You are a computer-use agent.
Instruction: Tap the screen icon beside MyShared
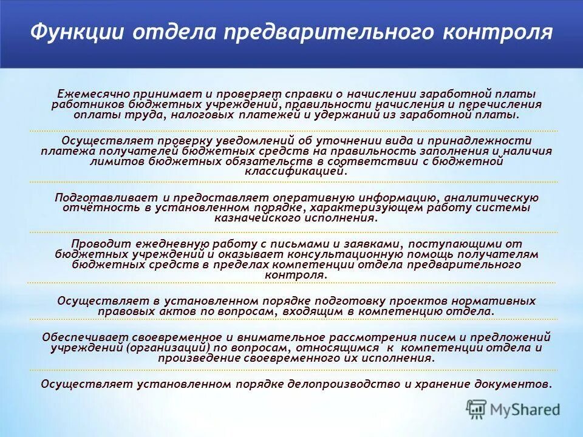(477, 409)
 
